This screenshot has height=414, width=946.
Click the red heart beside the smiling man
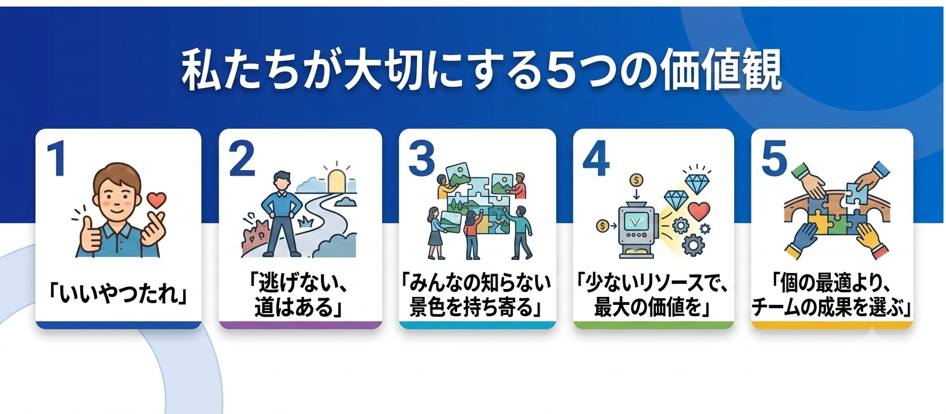click(156, 200)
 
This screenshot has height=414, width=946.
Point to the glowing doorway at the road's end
click(337, 181)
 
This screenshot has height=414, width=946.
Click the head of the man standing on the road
click(281, 181)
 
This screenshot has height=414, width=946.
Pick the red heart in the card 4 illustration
click(699, 210)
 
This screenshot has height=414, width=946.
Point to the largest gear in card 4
click(692, 245)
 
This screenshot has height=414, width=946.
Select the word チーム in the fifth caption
click(776, 307)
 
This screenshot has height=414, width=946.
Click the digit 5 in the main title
click(557, 70)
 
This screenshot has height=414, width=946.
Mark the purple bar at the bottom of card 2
click(301, 325)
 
